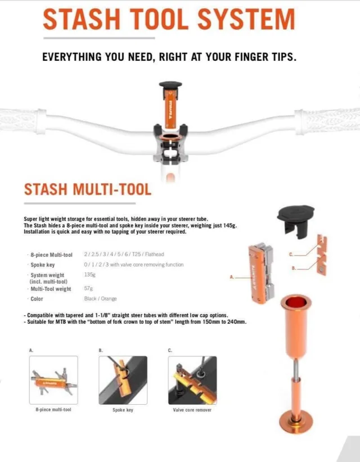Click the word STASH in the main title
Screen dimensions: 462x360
point(82,19)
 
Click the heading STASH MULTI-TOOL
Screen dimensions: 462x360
point(87,189)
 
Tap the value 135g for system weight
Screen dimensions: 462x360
point(89,275)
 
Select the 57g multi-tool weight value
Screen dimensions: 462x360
point(88,289)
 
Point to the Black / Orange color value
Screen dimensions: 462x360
point(101,298)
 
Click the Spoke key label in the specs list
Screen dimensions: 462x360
point(43,265)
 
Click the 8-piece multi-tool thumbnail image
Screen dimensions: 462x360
point(54,379)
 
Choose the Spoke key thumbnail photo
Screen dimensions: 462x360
point(123,379)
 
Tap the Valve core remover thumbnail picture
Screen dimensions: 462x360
point(192,379)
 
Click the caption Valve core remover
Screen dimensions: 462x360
point(192,410)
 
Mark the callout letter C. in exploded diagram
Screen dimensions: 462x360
point(291,254)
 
